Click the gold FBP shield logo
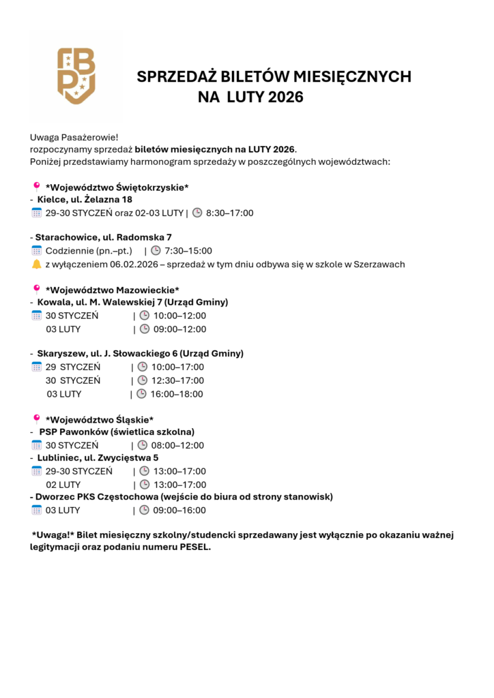(x=76, y=76)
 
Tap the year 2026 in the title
(x=286, y=97)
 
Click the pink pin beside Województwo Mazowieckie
(x=37, y=289)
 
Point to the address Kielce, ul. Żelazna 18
(x=85, y=200)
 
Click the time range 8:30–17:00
(x=229, y=213)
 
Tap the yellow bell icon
(x=37, y=264)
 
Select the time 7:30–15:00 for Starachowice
(x=188, y=251)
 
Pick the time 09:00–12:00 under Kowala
(x=179, y=329)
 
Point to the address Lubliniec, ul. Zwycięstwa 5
(x=98, y=458)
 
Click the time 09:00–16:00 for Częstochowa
(x=179, y=510)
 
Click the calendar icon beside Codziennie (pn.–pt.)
(x=37, y=251)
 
